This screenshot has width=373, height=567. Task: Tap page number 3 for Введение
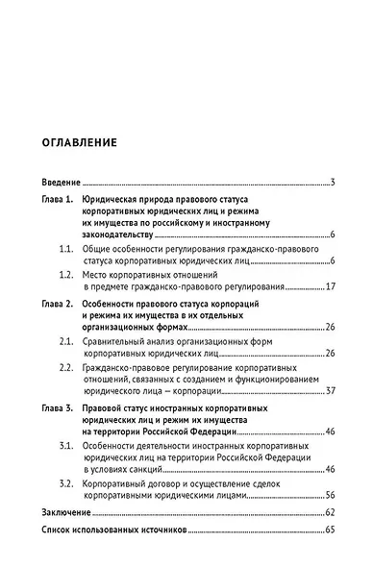(x=331, y=183)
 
